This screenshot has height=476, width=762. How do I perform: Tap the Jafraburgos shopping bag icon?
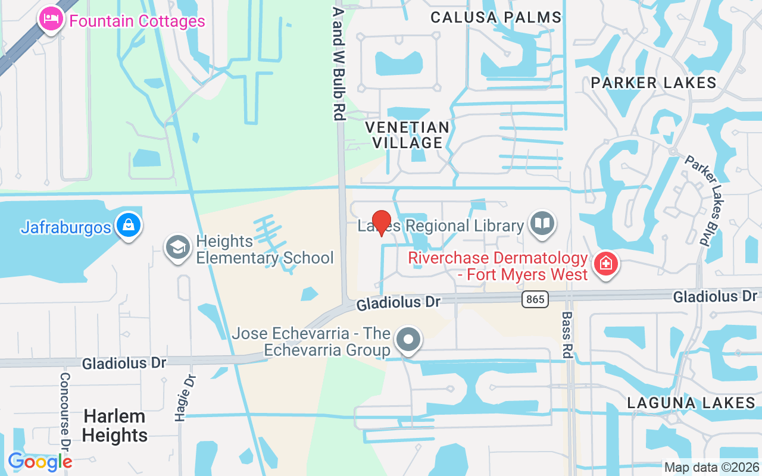pyautogui.click(x=128, y=225)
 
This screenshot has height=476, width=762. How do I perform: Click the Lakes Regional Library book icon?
pyautogui.click(x=542, y=224)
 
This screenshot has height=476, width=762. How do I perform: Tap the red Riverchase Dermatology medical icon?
pyautogui.click(x=606, y=264)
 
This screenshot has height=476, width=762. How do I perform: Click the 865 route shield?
pyautogui.click(x=535, y=299)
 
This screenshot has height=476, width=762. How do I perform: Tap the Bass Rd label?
pyautogui.click(x=566, y=335)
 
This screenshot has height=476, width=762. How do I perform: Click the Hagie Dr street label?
pyautogui.click(x=181, y=398)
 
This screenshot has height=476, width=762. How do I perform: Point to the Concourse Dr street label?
pyautogui.click(x=65, y=411)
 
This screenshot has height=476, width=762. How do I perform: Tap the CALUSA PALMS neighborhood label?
pyautogui.click(x=496, y=17)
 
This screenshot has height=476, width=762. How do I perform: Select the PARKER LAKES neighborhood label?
pyautogui.click(x=654, y=83)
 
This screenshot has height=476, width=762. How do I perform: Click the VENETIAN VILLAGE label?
pyautogui.click(x=407, y=135)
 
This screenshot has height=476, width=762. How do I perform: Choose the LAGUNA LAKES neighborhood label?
pyautogui.click(x=691, y=403)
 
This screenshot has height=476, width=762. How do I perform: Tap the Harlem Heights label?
pyautogui.click(x=114, y=426)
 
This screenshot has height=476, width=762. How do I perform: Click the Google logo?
pyautogui.click(x=40, y=461)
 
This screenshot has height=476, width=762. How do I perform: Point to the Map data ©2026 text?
pyautogui.click(x=711, y=467)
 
